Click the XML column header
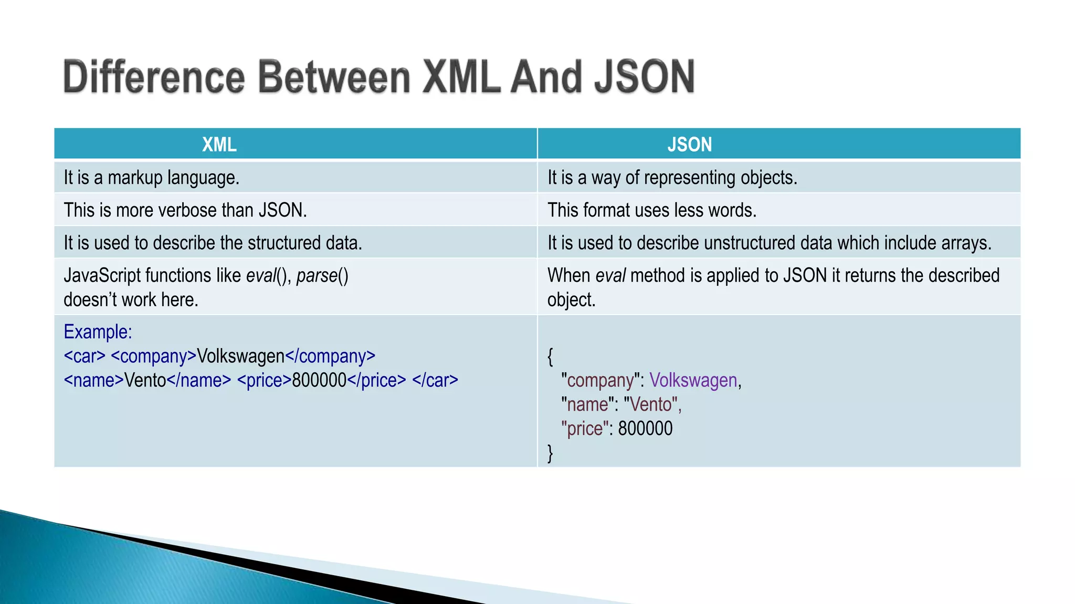click(x=219, y=144)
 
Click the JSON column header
click(x=689, y=144)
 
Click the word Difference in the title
click(x=154, y=77)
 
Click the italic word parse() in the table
click(x=322, y=275)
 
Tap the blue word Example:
click(x=98, y=332)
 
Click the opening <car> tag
click(x=85, y=356)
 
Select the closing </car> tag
click(x=435, y=380)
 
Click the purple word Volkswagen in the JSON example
click(x=693, y=380)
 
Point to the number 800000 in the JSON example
click(x=645, y=428)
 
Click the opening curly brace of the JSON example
click(x=550, y=357)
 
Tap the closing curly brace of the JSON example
click(x=550, y=452)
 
